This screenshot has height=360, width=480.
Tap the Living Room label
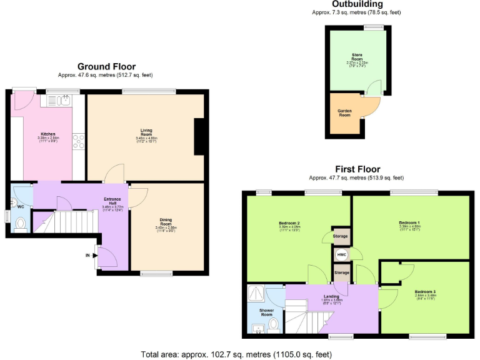146,132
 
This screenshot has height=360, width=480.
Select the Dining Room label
166,221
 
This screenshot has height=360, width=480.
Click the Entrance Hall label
113,201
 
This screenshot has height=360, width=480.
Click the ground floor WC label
21,206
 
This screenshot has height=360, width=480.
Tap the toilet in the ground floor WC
20,223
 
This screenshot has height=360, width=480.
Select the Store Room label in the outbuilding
357,59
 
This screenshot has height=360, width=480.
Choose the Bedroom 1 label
410,222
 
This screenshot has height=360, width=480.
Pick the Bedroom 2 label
289,223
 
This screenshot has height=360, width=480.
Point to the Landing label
331,296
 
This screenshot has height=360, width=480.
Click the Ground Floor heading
106,66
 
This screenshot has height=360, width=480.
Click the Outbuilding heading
357,4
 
